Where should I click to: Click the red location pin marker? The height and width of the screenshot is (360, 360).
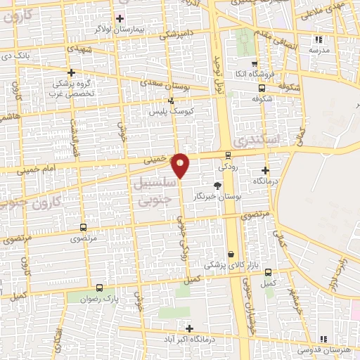point(181,165)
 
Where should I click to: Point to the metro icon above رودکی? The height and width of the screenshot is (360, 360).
point(228,155)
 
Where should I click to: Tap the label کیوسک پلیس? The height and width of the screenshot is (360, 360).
point(172,112)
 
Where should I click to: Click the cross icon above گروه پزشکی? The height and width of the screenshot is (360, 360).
point(71,72)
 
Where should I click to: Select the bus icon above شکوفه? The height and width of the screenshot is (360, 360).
point(262,88)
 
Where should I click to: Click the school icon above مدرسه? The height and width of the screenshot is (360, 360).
point(318,40)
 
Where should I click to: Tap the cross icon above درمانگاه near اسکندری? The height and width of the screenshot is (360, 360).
point(265,170)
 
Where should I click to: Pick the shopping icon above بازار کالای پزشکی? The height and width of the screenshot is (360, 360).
point(231,254)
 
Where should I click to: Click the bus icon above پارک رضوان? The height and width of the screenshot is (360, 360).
point(99,288)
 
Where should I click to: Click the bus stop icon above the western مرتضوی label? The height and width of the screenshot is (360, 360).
point(84,227)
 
